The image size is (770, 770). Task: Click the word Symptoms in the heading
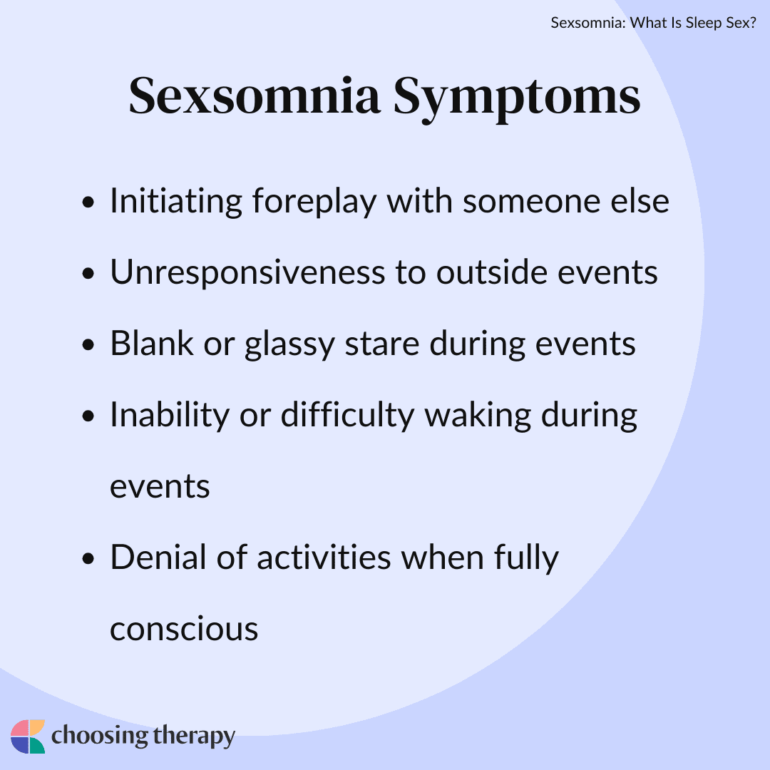pos(517,98)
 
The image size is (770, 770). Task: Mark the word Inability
pos(168,416)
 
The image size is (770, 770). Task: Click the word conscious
pos(184,629)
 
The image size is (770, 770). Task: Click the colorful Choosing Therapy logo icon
pos(28,736)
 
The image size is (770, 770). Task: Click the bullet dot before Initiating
pos(88,204)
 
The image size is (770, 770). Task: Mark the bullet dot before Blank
pos(88,346)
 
